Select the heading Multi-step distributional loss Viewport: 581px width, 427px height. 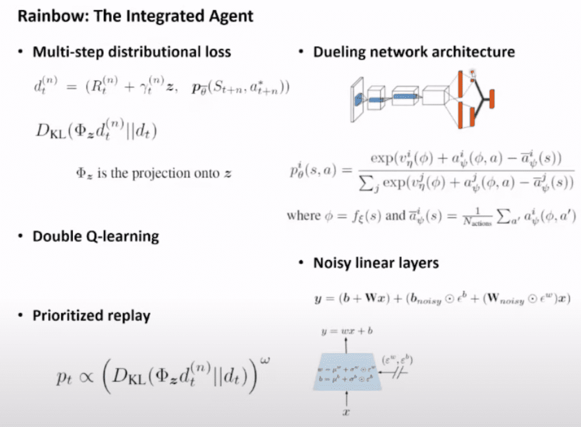[x=132, y=52]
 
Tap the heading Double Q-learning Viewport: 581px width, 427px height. [x=95, y=236]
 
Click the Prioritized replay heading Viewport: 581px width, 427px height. [x=91, y=316]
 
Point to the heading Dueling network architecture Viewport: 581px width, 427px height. [x=414, y=52]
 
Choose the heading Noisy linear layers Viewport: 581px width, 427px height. [x=376, y=263]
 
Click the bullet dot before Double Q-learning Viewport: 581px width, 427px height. [x=20, y=236]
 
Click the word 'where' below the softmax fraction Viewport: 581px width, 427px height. [x=304, y=215]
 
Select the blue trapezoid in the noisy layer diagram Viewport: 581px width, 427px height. [x=346, y=370]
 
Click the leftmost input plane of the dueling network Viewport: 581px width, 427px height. [x=356, y=99]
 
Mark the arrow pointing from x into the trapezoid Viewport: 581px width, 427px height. [x=347, y=399]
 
